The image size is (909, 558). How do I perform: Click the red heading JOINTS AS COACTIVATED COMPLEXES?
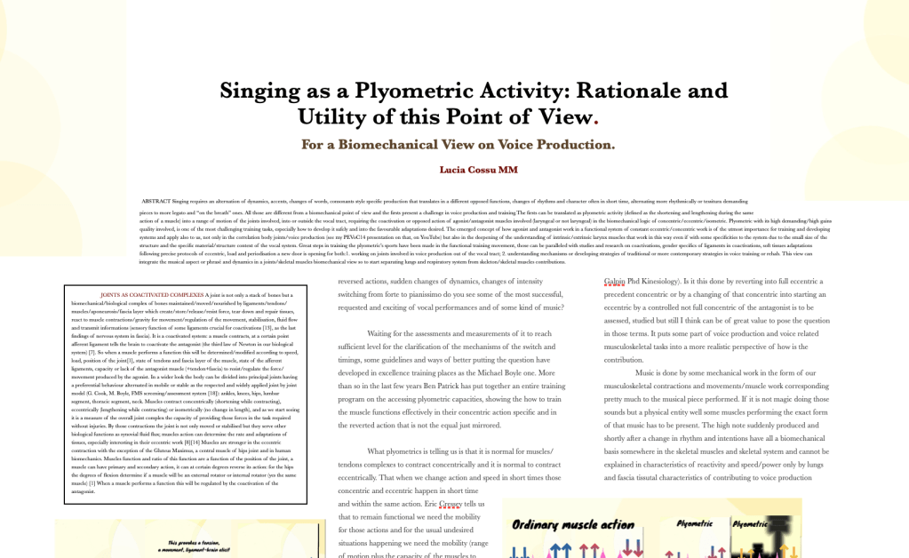(150, 294)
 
